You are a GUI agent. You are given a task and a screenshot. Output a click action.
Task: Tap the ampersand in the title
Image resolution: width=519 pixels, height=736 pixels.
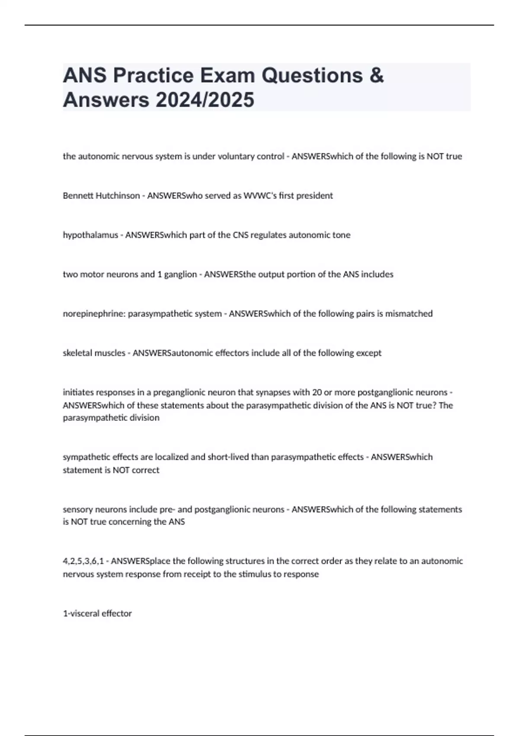point(377,75)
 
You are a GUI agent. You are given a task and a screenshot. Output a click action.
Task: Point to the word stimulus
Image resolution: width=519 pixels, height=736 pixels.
point(254,575)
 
